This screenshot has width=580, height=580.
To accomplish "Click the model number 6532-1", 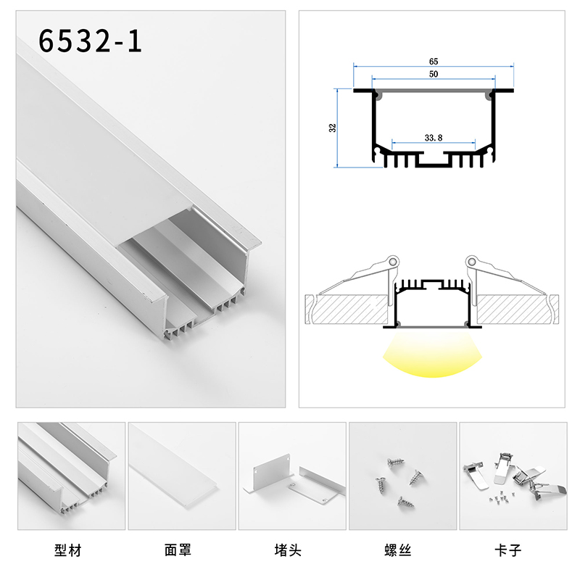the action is [x=90, y=41].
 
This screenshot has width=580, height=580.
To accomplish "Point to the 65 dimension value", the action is [x=434, y=62].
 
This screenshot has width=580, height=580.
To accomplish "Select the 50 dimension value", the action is [x=434, y=74].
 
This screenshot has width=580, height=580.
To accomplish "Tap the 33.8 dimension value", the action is [x=434, y=138].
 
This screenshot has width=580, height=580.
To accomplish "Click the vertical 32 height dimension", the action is [x=333, y=128].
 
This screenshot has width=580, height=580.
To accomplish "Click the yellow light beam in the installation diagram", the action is [x=432, y=355].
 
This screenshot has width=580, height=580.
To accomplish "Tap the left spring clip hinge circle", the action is [x=393, y=262].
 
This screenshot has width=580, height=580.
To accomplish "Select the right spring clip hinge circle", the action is [x=471, y=262].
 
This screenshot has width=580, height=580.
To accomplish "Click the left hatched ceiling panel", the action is [x=347, y=310].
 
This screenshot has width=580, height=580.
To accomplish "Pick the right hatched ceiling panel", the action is [x=518, y=310].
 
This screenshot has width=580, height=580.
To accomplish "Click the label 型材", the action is [x=67, y=550].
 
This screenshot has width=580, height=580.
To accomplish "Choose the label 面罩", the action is [x=178, y=550].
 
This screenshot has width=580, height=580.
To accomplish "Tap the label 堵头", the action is [x=288, y=550].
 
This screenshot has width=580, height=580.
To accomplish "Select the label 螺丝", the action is [x=398, y=550].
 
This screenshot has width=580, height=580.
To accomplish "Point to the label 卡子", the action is [x=508, y=550].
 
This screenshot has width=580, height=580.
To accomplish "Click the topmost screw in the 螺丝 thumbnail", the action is [x=395, y=462].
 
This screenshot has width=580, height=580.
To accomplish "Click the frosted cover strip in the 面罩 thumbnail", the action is [x=174, y=467].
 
